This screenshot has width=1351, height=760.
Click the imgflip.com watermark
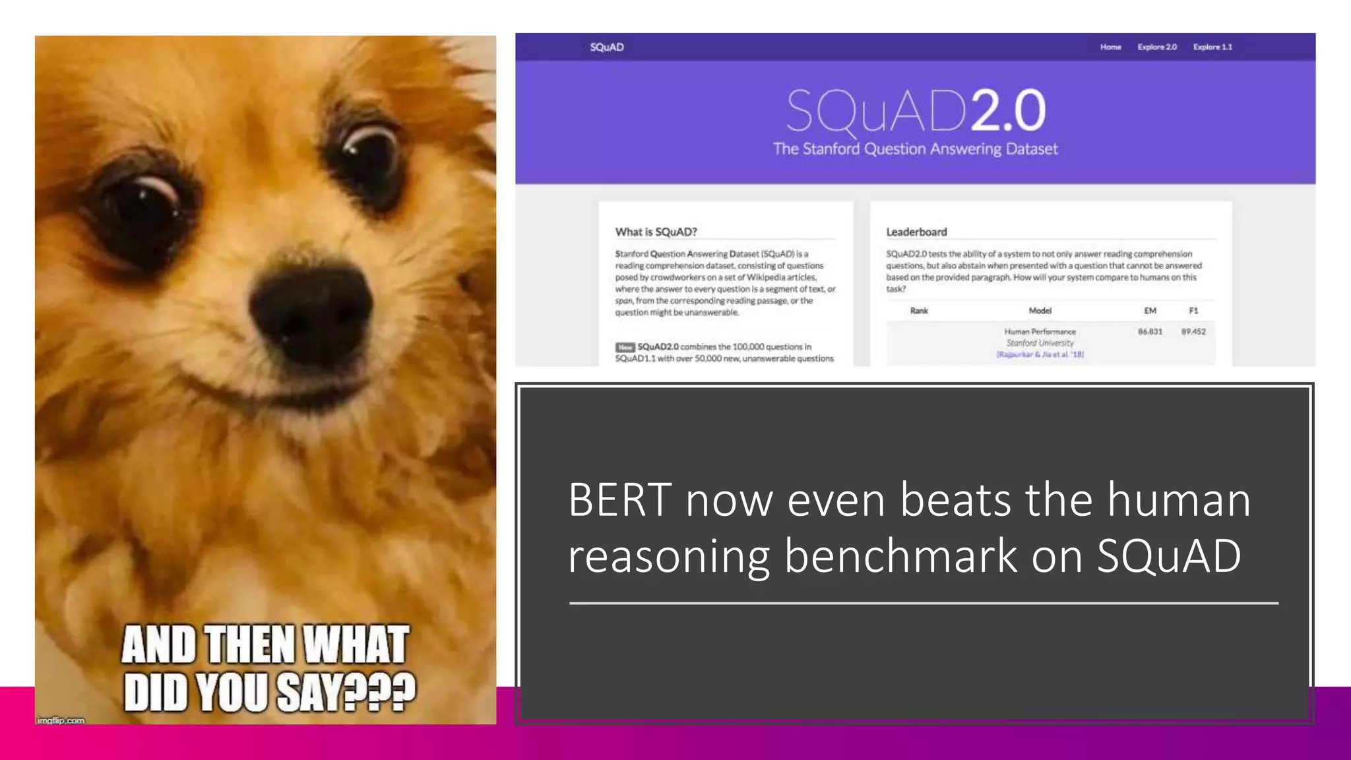click(61, 720)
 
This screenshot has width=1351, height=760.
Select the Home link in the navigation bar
click(1110, 47)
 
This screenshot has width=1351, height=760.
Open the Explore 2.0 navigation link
click(1157, 47)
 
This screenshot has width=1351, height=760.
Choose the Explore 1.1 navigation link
click(1212, 47)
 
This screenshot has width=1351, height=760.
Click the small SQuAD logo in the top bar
click(607, 47)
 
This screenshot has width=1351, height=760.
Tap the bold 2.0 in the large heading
click(1007, 111)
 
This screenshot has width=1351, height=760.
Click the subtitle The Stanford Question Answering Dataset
click(915, 149)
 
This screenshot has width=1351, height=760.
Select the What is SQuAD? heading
click(656, 232)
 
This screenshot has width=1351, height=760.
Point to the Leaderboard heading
click(916, 232)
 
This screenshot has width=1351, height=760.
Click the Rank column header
click(919, 311)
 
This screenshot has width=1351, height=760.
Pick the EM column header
click(1150, 311)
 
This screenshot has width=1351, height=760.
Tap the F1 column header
click(1193, 311)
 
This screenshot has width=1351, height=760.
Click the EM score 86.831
click(1150, 332)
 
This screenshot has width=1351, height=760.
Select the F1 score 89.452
click(1193, 332)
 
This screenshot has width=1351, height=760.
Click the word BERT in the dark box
click(619, 500)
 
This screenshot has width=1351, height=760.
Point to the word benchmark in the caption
click(900, 556)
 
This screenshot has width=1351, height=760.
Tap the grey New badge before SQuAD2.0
click(625, 347)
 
